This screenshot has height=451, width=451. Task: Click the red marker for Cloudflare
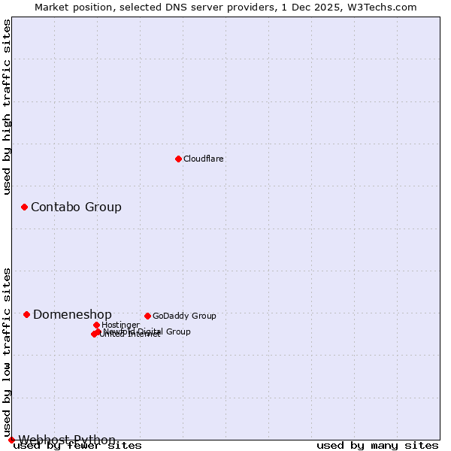(178, 159)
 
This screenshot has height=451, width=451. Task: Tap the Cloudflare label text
(204, 159)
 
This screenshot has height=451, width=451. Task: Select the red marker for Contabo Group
(24, 207)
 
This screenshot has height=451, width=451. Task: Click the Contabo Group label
(76, 207)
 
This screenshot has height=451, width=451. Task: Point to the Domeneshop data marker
(26, 314)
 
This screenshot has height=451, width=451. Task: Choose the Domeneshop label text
(72, 315)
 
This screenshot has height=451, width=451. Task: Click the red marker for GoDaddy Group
(147, 316)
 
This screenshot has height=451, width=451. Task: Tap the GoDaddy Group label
(184, 316)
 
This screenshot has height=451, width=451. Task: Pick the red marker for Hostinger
(96, 325)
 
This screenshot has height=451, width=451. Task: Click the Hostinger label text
(120, 325)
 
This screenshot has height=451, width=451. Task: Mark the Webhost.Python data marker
(11, 440)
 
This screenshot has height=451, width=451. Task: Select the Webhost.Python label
(67, 440)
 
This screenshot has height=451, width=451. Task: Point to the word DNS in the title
(185, 7)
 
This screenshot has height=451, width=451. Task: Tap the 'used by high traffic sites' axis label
(8, 107)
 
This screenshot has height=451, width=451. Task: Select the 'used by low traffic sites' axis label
(8, 352)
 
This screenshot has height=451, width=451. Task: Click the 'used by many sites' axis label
(377, 446)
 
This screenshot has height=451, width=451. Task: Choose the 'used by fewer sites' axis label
(77, 446)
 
